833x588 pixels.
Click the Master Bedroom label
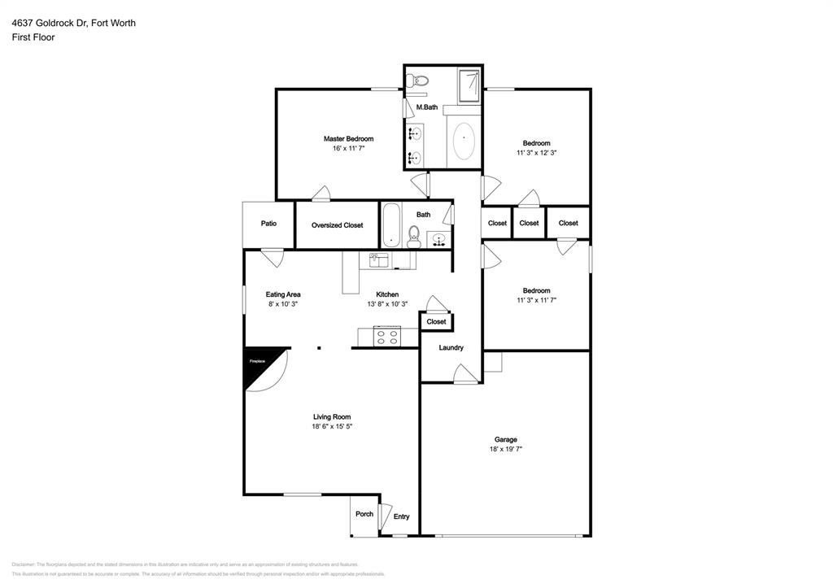click(348, 139)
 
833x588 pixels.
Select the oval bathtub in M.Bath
click(464, 142)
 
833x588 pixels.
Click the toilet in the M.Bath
click(418, 80)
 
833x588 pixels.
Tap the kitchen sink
click(378, 260)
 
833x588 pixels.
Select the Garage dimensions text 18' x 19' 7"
click(505, 449)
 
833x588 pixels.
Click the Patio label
click(268, 224)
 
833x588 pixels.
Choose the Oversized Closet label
click(337, 225)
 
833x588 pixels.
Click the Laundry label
click(451, 348)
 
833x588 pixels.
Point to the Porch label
click(364, 514)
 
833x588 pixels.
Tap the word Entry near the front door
click(401, 517)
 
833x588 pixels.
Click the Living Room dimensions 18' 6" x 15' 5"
click(332, 426)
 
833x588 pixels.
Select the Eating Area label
click(283, 294)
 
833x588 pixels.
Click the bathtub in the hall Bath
click(390, 224)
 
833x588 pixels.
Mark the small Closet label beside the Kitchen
click(436, 322)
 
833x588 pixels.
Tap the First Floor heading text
click(33, 37)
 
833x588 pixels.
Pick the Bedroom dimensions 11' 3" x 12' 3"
click(536, 153)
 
